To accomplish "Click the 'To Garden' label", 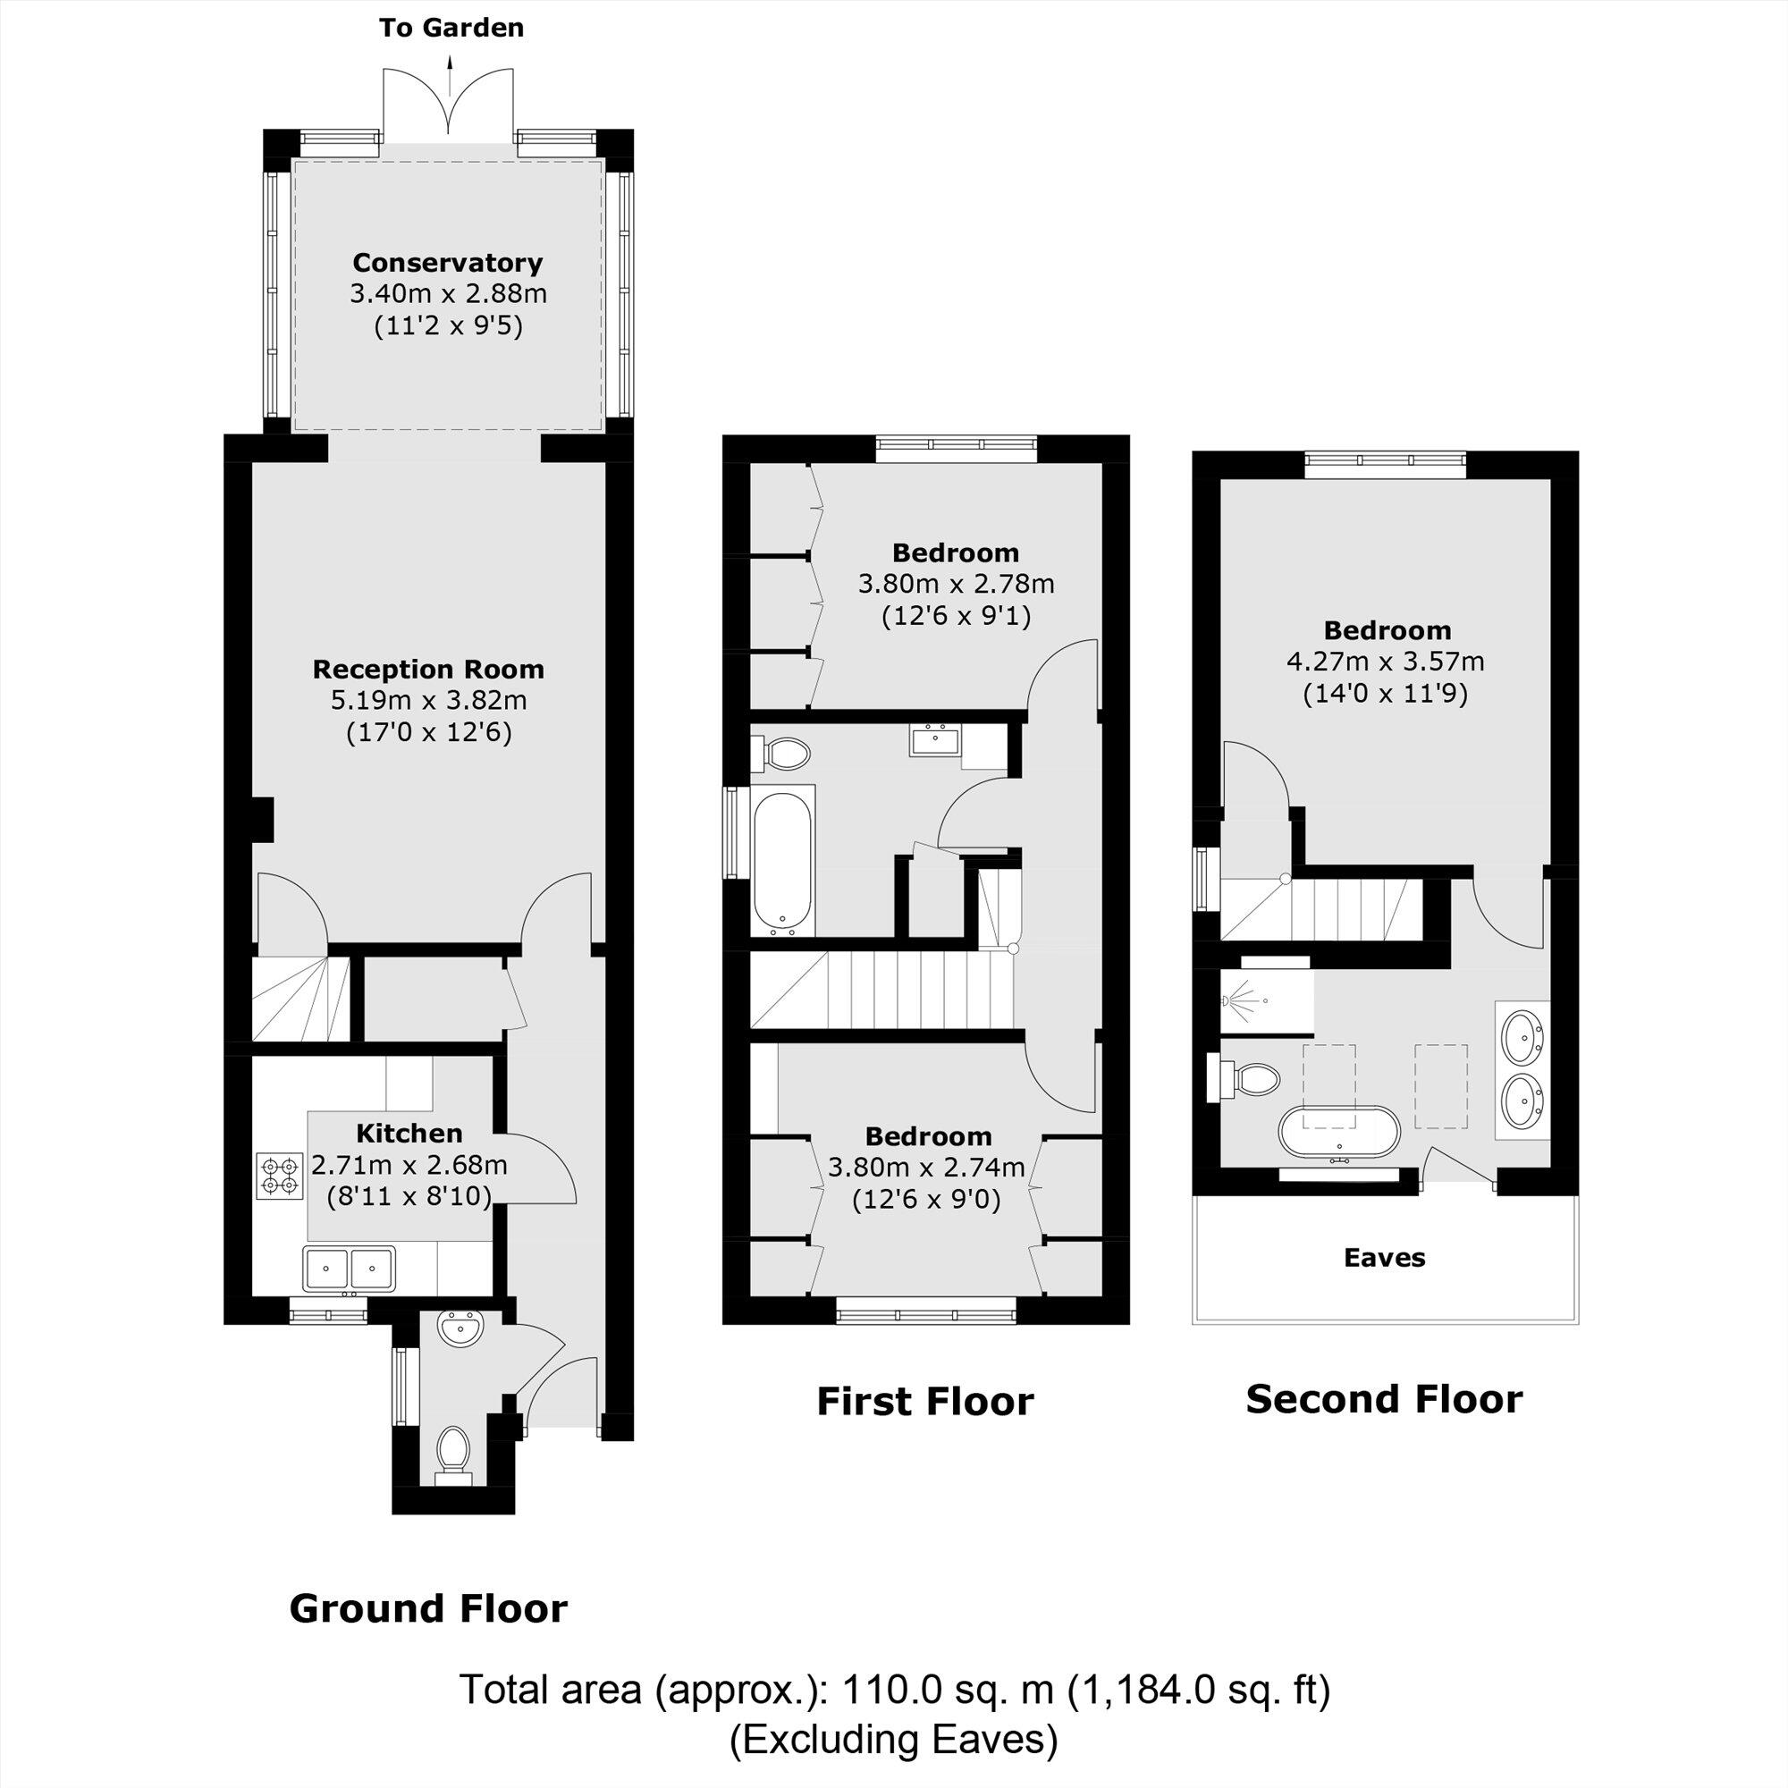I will (451, 28).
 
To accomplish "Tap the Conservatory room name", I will (447, 263).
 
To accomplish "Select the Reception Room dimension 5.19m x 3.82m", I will (428, 701).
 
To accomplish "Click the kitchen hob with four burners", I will (281, 1176).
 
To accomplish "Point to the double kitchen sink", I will (348, 1267).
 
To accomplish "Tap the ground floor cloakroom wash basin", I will (460, 1330).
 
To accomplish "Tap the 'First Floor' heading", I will (924, 1402).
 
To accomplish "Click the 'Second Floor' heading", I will (1384, 1399).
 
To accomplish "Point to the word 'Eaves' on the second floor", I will (1385, 1258).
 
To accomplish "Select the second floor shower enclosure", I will (1266, 1001).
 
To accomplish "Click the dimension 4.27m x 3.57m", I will (1386, 662).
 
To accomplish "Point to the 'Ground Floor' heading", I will (428, 1609).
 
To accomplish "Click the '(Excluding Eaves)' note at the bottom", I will (893, 1741).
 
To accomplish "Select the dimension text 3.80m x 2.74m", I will (926, 1168).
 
